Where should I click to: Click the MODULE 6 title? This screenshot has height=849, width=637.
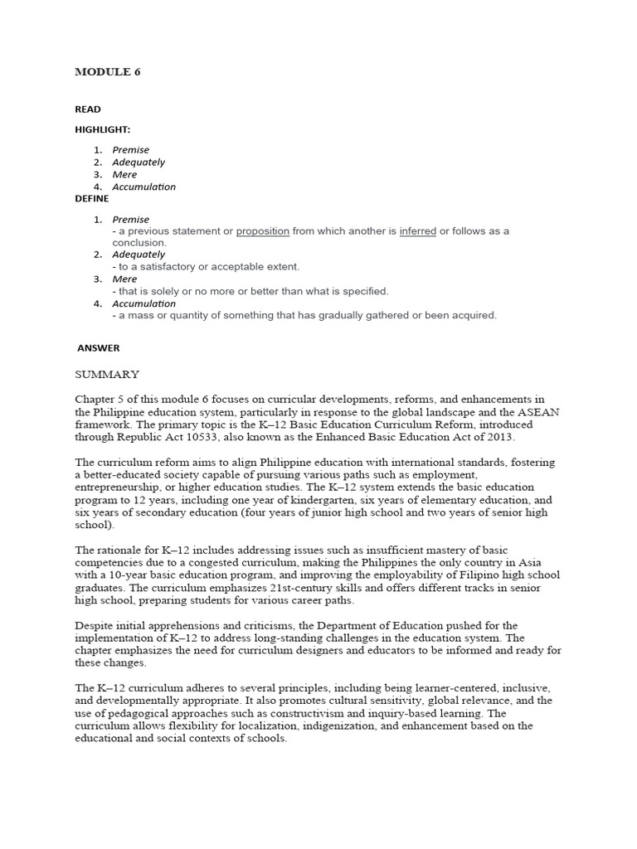(x=108, y=72)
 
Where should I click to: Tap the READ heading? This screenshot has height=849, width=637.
(x=88, y=109)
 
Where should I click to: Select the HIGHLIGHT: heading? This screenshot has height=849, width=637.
(x=103, y=130)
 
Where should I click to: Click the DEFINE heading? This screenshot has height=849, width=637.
(x=91, y=199)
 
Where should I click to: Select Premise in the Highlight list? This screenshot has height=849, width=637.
(x=131, y=150)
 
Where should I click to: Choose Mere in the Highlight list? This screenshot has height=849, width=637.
(x=124, y=175)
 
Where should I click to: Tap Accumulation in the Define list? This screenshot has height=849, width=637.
(x=143, y=303)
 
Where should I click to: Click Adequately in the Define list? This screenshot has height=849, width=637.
(x=139, y=255)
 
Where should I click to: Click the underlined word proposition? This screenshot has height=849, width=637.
(x=262, y=231)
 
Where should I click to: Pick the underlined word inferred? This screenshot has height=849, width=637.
(x=417, y=231)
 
